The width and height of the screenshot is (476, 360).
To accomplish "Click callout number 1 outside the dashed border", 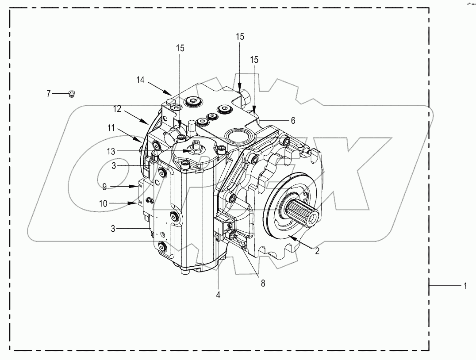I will tap(464, 286).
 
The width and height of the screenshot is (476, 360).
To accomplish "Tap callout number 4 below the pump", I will tap(218, 294).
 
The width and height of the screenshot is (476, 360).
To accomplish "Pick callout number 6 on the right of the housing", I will tap(292, 120).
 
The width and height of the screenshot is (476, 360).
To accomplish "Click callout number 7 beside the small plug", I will tap(49, 93).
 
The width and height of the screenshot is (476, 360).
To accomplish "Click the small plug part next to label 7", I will tap(72, 93).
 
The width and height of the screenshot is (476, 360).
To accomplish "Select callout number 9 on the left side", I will tap(104, 187).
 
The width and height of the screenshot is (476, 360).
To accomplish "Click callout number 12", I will tap(116, 108).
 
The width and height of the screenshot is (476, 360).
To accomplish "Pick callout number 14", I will tap(140, 80).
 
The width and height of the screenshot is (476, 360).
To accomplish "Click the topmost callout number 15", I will tap(239, 36).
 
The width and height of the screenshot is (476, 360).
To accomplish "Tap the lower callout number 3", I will tap(114, 229).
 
